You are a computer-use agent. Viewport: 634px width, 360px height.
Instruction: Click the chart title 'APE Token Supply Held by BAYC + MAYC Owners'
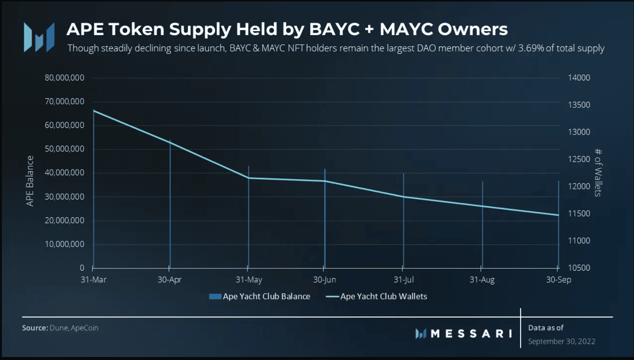(287, 29)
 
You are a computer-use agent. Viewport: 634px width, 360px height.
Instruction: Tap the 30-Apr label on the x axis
(169, 280)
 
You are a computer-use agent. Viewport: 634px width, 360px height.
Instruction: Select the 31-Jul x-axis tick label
(404, 280)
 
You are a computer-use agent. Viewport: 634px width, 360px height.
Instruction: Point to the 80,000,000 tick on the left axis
(64, 78)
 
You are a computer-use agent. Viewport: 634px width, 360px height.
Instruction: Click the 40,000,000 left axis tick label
(64, 173)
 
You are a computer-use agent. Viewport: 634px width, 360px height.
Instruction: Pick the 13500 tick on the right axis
(579, 105)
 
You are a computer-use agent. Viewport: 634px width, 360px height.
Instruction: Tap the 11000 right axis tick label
(579, 241)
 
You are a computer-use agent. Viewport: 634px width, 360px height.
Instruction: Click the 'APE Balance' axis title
(30, 181)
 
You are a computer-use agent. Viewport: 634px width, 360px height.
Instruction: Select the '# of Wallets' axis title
(598, 173)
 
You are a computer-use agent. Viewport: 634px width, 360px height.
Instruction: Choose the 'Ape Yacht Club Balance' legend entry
(260, 297)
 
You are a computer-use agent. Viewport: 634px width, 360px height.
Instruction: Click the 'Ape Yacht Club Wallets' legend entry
(377, 297)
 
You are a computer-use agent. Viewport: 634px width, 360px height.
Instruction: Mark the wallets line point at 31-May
(248, 178)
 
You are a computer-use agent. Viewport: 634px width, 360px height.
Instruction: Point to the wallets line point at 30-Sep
(558, 215)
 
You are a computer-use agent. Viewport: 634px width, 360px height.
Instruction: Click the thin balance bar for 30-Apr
(170, 204)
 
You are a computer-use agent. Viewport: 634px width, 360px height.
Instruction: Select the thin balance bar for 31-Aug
(482, 225)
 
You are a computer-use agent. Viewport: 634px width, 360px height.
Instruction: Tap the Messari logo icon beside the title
(39, 37)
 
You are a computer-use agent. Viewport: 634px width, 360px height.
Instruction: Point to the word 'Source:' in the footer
(35, 328)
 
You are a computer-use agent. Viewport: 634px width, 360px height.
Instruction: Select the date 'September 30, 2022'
(561, 342)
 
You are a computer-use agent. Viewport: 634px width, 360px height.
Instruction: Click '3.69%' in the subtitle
(531, 48)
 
